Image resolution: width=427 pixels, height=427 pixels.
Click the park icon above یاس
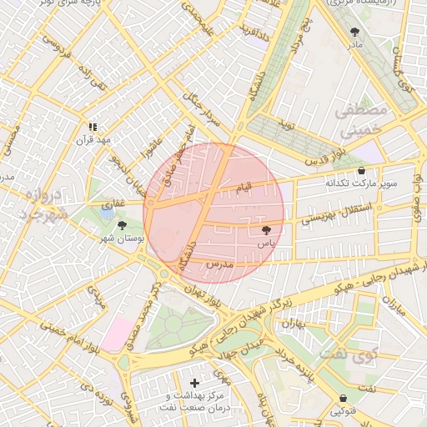click(x=266, y=229)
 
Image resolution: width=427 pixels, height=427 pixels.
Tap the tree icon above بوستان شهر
click(x=123, y=225)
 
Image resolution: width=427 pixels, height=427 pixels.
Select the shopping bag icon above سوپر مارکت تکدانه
click(x=360, y=169)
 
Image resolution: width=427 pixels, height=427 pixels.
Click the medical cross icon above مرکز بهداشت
click(x=195, y=383)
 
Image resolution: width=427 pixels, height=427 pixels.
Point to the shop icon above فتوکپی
click(x=344, y=398)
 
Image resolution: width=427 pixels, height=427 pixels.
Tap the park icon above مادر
click(x=355, y=31)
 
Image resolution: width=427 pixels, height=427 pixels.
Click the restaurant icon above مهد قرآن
click(x=93, y=127)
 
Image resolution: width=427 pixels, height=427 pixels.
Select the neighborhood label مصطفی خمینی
click(x=360, y=120)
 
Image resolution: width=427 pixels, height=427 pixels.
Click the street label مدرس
click(x=219, y=264)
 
